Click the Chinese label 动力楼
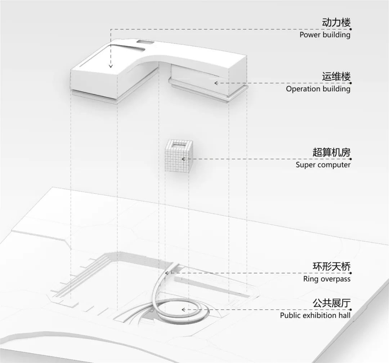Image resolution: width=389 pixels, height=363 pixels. pyautogui.click(x=336, y=23)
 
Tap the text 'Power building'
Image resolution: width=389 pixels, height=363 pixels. pyautogui.click(x=325, y=35)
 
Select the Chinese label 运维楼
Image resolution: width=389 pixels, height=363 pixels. pyautogui.click(x=336, y=77)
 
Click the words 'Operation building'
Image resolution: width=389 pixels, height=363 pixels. pyautogui.click(x=318, y=89)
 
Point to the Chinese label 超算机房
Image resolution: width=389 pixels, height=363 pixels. pyautogui.click(x=331, y=152)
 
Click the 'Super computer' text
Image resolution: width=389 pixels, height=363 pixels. pyautogui.click(x=323, y=165)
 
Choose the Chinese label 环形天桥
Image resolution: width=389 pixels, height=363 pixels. pyautogui.click(x=331, y=267)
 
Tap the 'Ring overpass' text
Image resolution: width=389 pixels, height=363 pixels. pyautogui.click(x=326, y=279)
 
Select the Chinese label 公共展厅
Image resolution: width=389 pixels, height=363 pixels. pyautogui.click(x=331, y=303)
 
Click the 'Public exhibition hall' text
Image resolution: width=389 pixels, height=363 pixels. pyautogui.click(x=315, y=316)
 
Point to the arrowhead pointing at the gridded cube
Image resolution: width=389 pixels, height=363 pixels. pyautogui.click(x=183, y=159)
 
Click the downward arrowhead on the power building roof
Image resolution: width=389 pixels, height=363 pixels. pyautogui.click(x=111, y=66)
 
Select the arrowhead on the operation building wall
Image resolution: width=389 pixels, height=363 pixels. pyautogui.click(x=216, y=83)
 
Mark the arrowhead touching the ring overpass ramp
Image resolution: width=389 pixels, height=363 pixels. pyautogui.click(x=167, y=273)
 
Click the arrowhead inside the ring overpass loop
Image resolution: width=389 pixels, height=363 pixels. pyautogui.click(x=183, y=309)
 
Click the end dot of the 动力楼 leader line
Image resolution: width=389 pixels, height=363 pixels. pyautogui.click(x=350, y=29)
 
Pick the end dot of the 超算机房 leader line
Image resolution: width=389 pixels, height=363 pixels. pyautogui.click(x=350, y=159)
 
